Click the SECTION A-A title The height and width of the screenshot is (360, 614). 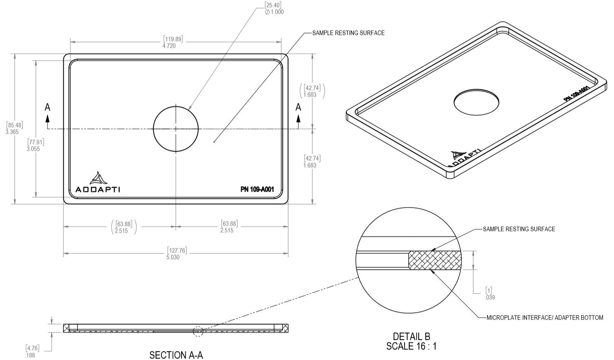[176, 355]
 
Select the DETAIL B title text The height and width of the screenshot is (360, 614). [411, 336]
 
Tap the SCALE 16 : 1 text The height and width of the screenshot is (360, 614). [411, 346]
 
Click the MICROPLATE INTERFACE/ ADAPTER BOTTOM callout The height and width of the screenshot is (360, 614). [544, 318]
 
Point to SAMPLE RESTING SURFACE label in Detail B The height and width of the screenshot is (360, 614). [519, 229]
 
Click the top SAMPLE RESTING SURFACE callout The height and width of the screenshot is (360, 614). [348, 33]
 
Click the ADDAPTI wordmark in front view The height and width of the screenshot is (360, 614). [98, 190]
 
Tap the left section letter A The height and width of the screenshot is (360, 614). [48, 108]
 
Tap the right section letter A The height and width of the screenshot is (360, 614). [298, 108]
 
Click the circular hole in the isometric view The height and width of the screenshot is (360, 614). [476, 101]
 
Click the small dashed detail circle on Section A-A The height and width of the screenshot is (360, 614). [198, 331]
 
